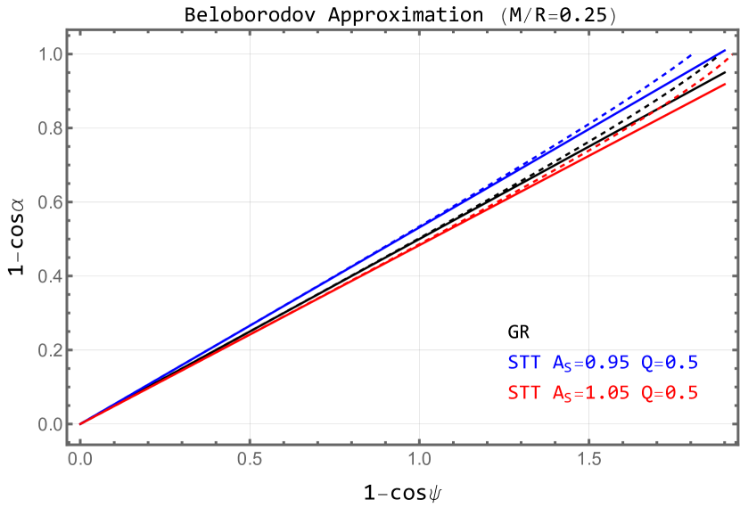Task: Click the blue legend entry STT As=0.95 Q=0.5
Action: (x=603, y=363)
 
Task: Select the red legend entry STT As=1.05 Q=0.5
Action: (x=603, y=393)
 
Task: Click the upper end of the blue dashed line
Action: (x=692, y=55)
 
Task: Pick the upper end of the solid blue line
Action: (x=724, y=51)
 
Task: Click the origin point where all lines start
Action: (x=80, y=424)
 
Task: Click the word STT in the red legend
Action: (x=523, y=393)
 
